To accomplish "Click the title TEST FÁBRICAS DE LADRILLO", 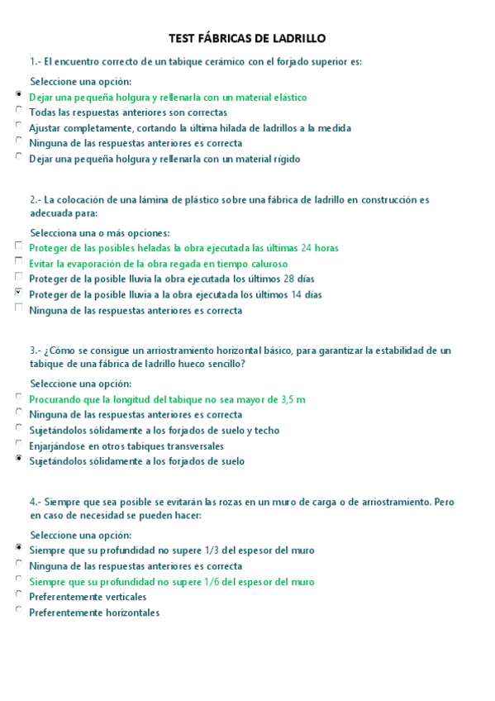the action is (x=247, y=38).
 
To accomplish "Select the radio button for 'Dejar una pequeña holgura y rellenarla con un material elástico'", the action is (x=19, y=96).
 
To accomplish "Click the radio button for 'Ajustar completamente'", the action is (x=19, y=126).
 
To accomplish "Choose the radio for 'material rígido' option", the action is (x=19, y=157).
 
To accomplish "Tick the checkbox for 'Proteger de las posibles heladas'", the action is (x=19, y=246).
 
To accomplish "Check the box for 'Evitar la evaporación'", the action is (x=19, y=262).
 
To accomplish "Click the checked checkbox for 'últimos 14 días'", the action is (x=19, y=293).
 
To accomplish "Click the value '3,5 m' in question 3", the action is (x=293, y=399).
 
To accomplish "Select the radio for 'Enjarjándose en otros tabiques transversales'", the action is (x=19, y=445).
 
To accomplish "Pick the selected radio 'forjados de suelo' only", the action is (x=19, y=460).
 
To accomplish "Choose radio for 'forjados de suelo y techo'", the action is (x=19, y=429).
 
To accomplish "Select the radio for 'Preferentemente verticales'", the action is (x=19, y=595).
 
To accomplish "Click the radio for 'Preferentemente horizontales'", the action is (x=19, y=611).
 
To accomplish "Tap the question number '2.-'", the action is (x=36, y=200).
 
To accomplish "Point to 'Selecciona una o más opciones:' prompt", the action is (x=100, y=232).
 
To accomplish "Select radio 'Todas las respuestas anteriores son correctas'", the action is (x=19, y=111).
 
